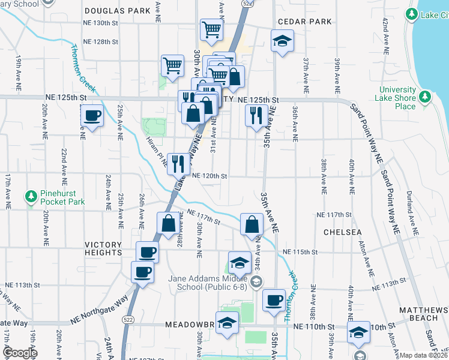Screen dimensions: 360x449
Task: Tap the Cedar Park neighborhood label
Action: pos(297,22)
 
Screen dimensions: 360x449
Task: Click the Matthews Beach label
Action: pos(423,314)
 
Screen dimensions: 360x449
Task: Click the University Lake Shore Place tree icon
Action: pos(425,97)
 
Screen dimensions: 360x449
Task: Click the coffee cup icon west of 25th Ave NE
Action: pos(92,115)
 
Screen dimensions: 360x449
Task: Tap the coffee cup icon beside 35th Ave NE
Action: pos(274,300)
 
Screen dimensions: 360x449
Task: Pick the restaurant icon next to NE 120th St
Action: pos(178,163)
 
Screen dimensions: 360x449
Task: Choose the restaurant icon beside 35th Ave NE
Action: pos(256,115)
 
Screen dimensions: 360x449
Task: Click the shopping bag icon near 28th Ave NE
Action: pos(169,223)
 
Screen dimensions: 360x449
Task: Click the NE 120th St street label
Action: pos(209,176)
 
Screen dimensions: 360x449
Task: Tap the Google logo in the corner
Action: pos(20,353)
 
